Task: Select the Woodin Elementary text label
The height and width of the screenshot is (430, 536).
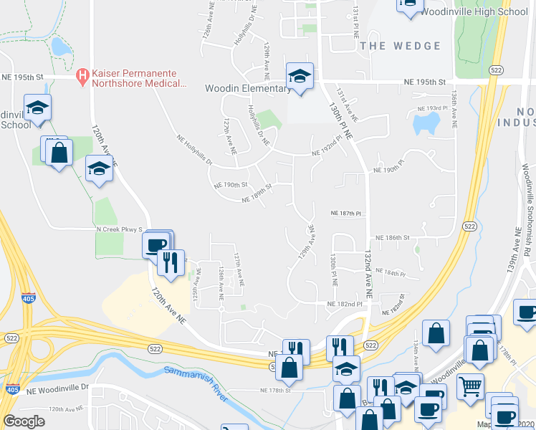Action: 246,89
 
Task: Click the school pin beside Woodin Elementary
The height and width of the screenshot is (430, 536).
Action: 300,77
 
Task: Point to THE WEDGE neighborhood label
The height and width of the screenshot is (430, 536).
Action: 401,46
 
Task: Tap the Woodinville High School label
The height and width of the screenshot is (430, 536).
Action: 474,12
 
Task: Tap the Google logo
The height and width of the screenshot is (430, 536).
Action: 24,421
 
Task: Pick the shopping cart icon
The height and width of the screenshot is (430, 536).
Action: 470,386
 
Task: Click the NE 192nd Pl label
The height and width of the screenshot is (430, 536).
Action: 327,148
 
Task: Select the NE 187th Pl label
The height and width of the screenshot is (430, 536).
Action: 347,214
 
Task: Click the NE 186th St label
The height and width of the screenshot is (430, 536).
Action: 392,237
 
